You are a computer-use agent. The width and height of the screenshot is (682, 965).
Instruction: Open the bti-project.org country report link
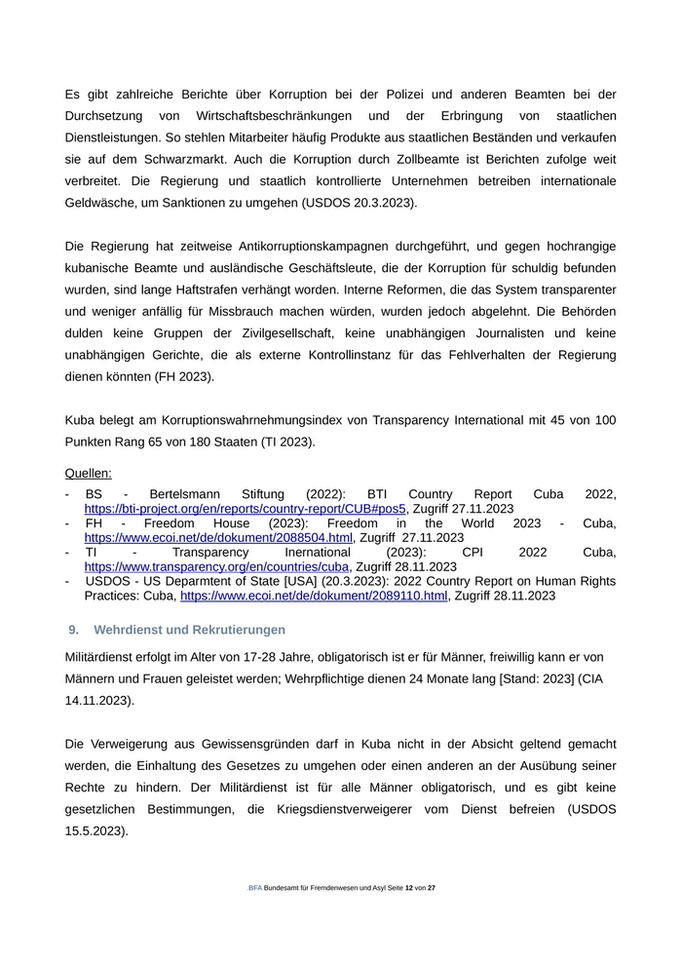tap(245, 509)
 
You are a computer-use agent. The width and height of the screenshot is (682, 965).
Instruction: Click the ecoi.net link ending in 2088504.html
tap(218, 537)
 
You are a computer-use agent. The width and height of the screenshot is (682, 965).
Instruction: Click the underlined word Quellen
tap(88, 473)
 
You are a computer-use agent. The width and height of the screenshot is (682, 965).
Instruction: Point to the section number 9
tap(73, 629)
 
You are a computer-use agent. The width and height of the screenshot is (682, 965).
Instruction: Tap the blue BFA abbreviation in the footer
tap(255, 888)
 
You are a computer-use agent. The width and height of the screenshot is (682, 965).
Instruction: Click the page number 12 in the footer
tap(409, 888)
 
